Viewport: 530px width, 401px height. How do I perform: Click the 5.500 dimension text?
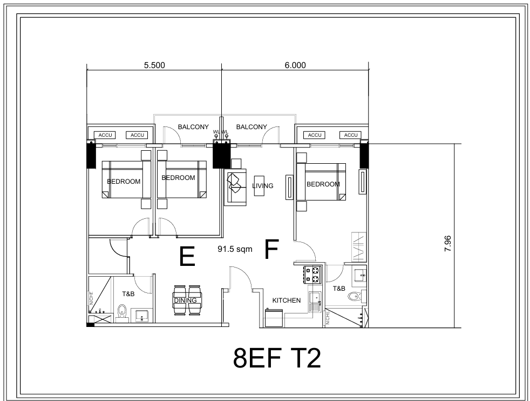point(154,65)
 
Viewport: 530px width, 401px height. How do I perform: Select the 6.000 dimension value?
point(295,65)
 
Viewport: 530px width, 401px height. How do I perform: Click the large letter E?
point(187,256)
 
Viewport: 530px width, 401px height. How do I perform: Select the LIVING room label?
point(263,186)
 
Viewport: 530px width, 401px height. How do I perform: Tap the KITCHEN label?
point(286,300)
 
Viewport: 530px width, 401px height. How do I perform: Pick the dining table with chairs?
point(188,301)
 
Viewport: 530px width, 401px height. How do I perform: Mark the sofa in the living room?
point(235,186)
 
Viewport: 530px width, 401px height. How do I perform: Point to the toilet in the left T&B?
point(122,311)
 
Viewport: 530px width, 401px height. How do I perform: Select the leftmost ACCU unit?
point(104,135)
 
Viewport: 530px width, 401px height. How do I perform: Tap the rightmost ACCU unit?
point(351,135)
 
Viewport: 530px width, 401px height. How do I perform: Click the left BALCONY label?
point(193,127)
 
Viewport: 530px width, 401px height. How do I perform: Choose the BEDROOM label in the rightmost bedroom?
point(323,184)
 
